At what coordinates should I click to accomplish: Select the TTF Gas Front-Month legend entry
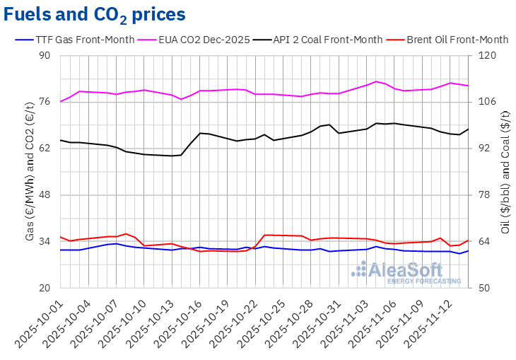coord(75,40)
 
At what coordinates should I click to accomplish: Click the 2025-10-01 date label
coord(41,322)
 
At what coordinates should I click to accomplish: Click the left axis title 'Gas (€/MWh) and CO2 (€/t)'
coord(30,172)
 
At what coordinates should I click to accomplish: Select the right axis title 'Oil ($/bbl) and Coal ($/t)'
coord(505,172)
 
